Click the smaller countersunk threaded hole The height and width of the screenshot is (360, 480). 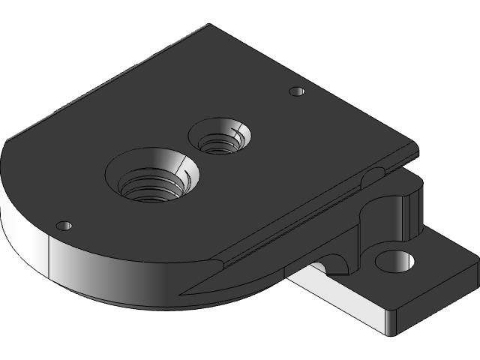220,137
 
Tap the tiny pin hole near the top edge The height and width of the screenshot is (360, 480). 297,91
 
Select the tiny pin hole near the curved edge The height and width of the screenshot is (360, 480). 64,225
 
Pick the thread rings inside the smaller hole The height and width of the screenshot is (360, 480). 220,142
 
